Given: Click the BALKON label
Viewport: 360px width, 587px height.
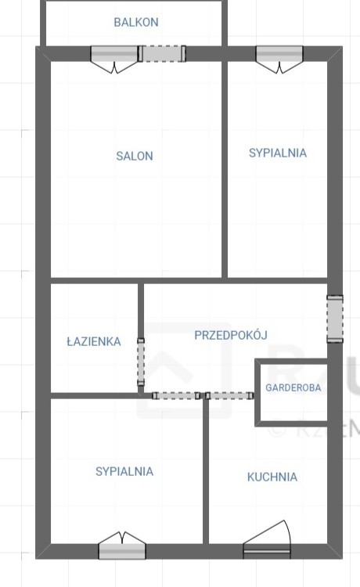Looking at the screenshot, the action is tap(136, 23).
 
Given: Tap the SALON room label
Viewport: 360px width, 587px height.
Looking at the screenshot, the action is tap(135, 156).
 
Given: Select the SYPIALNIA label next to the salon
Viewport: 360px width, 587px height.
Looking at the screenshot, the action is tap(278, 153).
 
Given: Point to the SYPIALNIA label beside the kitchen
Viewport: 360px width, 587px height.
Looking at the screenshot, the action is tap(124, 471).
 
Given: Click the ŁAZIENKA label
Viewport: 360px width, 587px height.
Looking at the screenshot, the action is tap(94, 341).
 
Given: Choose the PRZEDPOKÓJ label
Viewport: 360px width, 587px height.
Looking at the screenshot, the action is tap(231, 334).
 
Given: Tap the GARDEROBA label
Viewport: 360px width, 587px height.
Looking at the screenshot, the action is tap(293, 387).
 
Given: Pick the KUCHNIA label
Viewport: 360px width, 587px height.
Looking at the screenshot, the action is tap(272, 477).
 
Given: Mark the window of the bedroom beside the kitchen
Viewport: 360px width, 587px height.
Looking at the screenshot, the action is tap(122, 548).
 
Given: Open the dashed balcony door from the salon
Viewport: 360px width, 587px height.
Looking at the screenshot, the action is tap(162, 53).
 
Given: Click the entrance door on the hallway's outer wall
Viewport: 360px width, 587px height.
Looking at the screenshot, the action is tap(335, 319).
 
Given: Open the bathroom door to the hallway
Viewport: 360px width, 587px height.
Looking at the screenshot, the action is tap(141, 362).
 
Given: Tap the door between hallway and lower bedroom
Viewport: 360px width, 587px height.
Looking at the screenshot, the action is tap(176, 396).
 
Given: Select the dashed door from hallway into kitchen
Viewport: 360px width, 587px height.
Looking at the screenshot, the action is tap(229, 396).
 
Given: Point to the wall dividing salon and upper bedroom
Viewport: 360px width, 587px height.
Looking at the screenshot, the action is tap(225, 170).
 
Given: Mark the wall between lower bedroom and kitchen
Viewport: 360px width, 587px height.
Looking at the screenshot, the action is tap(206, 471).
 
